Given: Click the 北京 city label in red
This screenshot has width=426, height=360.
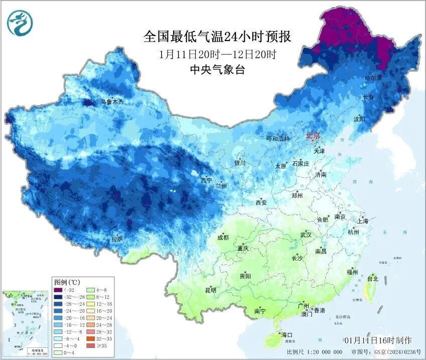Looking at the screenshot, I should (313, 135).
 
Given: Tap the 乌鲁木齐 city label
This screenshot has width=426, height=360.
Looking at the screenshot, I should (111, 101).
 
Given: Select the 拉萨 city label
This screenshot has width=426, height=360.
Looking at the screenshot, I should (117, 239).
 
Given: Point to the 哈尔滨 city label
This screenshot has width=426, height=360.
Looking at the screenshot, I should (373, 78).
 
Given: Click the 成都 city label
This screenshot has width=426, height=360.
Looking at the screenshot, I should (223, 238).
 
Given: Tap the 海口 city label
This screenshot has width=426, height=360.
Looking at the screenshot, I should (287, 334).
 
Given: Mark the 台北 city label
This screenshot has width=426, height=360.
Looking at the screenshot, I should (372, 278).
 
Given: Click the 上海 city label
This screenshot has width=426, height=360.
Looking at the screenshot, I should (362, 221).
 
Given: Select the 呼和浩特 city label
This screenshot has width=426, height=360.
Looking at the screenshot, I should (278, 139).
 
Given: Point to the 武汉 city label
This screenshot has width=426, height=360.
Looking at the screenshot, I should (306, 235).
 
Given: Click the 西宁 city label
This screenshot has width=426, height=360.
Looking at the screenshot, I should (206, 180).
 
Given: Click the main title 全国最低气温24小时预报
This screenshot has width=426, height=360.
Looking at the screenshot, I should (217, 37).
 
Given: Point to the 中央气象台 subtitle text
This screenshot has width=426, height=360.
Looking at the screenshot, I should (217, 70).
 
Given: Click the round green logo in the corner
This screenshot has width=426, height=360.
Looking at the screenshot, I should (19, 23).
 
